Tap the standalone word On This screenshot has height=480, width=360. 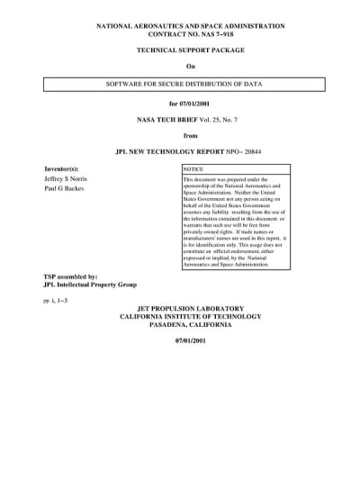click(190, 68)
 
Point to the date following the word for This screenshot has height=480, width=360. click(197, 104)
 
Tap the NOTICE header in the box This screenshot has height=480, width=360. click(193, 169)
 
